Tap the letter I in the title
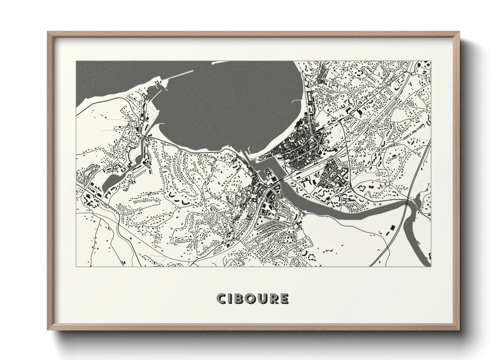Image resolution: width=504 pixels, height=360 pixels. [x=231, y=299]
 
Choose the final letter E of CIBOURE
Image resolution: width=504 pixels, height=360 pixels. [x=284, y=299]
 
